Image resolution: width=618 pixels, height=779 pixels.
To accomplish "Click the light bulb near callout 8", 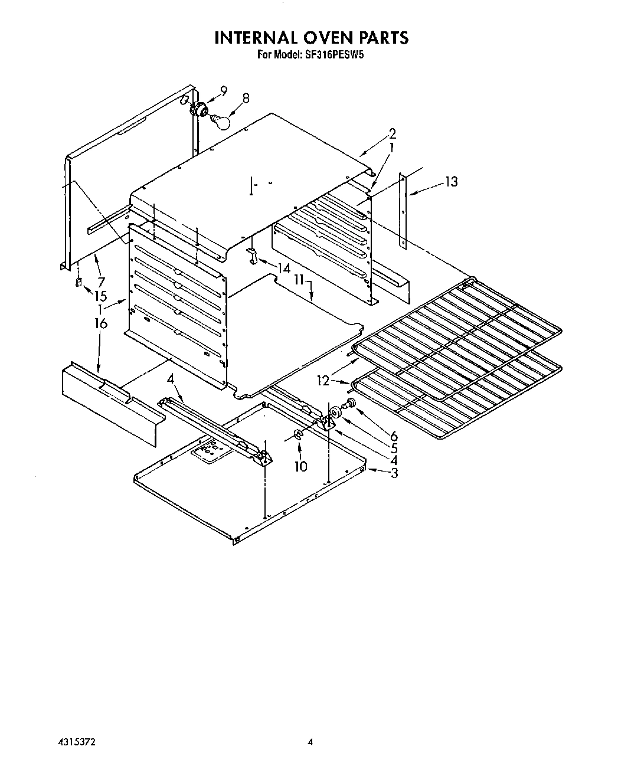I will coord(221,122).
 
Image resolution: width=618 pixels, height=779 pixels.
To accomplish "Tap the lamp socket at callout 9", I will coord(200,108).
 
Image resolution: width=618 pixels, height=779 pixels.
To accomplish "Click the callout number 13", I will coord(451,182).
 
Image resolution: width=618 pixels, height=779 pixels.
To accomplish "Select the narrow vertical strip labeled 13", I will coord(403,210).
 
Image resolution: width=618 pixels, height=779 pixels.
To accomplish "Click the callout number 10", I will coord(301,466).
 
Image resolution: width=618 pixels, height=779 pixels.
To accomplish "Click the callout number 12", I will coord(323,381).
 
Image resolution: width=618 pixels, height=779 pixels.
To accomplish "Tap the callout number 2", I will coord(393,133).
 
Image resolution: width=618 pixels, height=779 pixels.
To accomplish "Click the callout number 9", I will coord(224,91).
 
